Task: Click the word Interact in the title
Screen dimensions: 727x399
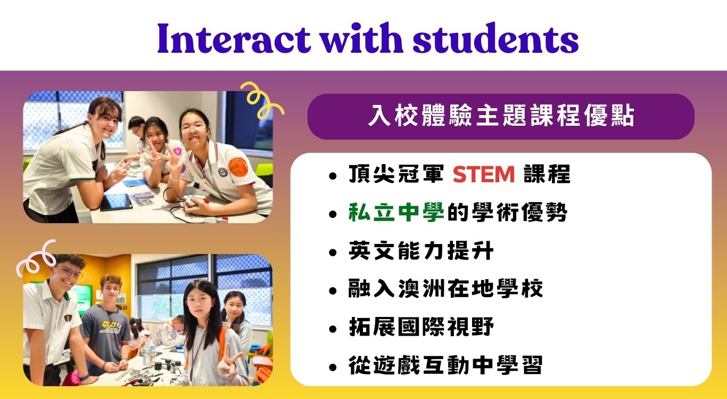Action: [x=234, y=38]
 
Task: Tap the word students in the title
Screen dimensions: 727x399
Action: [x=495, y=38]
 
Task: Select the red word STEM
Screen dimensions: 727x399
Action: [x=484, y=175]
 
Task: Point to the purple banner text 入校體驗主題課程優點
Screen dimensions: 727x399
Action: [x=501, y=116]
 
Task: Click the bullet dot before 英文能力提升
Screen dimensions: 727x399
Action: [x=332, y=253]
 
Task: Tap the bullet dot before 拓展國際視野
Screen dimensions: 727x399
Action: [x=332, y=329]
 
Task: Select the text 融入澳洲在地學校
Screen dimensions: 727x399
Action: [x=445, y=289]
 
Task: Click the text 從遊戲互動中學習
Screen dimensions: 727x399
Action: [x=445, y=365]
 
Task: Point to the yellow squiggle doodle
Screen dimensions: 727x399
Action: [x=260, y=99]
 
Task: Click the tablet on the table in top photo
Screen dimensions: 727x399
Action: [x=116, y=202]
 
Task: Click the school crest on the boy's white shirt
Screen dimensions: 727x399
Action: [x=68, y=317]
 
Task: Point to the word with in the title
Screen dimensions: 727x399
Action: [x=361, y=38]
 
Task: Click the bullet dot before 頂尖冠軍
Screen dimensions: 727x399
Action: [x=332, y=176]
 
